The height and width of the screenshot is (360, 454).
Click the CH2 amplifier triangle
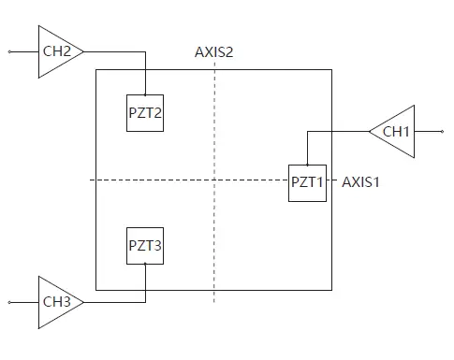(57, 50)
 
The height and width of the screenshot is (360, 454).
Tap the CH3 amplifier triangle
(57, 302)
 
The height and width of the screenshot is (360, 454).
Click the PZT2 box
(145, 113)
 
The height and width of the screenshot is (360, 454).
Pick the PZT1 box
(306, 181)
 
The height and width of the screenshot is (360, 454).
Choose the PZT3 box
(145, 246)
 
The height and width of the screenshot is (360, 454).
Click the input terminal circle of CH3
(10, 302)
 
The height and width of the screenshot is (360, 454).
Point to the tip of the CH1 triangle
(368, 132)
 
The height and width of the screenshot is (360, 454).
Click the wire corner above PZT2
(145, 50)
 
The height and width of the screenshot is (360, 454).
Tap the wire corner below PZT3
(145, 302)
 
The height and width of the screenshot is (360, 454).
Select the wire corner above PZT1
(306, 132)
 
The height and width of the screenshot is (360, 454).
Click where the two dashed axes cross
(214, 180)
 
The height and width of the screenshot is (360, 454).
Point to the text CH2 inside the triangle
(55, 50)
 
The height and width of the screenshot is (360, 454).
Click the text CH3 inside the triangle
(55, 302)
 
